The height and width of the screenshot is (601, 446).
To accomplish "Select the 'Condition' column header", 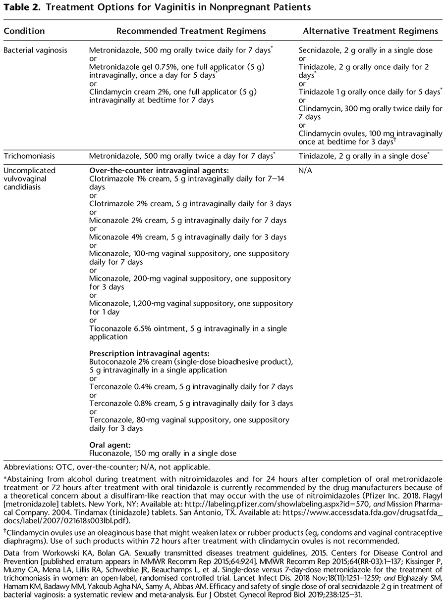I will pyautogui.click(x=24, y=31).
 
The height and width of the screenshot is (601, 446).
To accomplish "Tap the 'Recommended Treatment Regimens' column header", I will pyautogui.click(x=191, y=31).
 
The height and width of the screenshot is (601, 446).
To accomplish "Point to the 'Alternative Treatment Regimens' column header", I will pyautogui.click(x=370, y=31).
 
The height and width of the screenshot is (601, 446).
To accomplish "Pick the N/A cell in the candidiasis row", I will pyautogui.click(x=306, y=170).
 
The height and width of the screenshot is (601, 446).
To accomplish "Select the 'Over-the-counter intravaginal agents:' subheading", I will pyautogui.click(x=155, y=170).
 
